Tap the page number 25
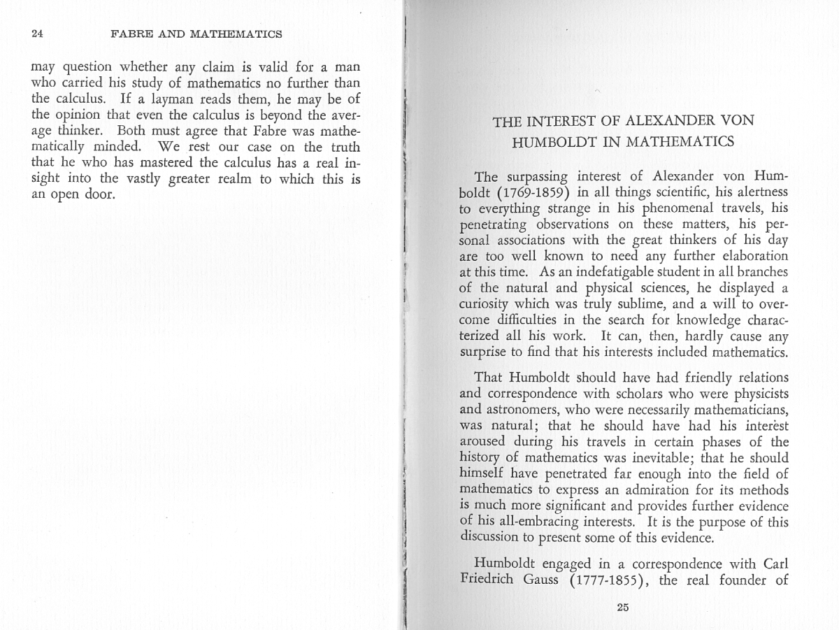(x=623, y=607)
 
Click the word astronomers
(x=508, y=410)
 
